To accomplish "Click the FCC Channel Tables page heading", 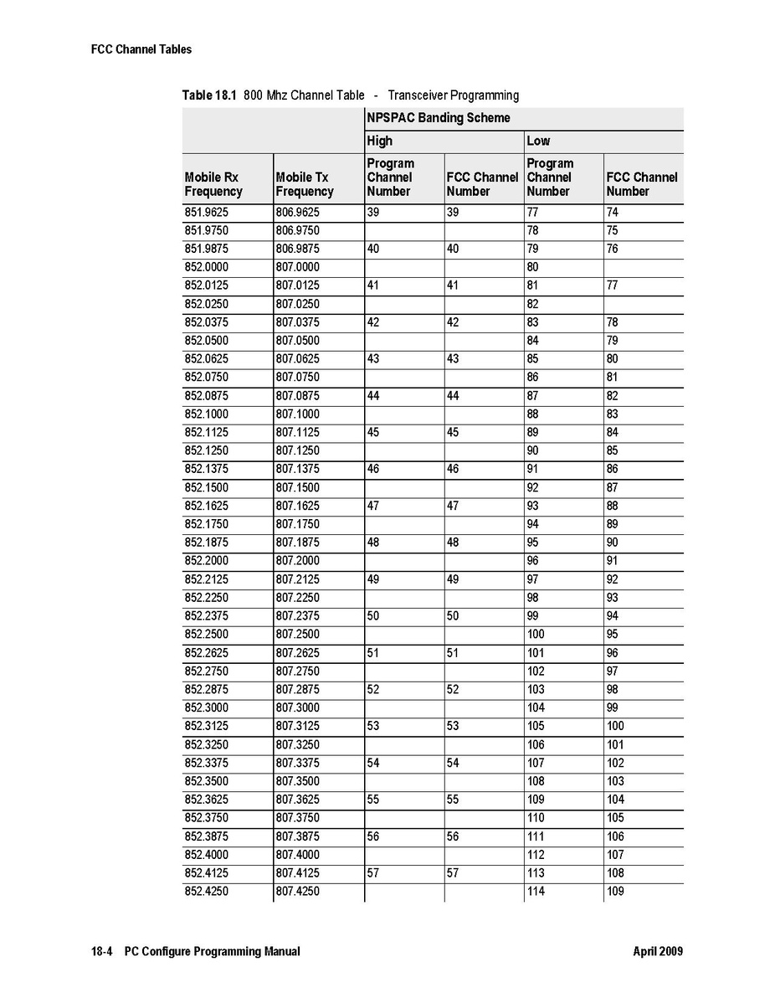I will tap(141, 49).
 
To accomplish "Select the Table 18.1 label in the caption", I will tap(209, 95).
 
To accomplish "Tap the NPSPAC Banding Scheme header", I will tap(438, 118).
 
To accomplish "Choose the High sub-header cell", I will tap(379, 141).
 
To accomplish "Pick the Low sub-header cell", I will tap(538, 141).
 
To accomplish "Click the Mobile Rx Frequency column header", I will tap(213, 184).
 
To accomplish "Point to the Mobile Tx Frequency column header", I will tap(304, 184).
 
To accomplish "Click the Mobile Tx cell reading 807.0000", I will tap(297, 267).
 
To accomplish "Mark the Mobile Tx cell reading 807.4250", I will tap(297, 892).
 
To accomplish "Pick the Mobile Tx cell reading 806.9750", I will tap(297, 231).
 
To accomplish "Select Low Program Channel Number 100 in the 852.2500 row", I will tap(536, 635).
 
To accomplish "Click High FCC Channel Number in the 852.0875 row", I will tap(453, 396).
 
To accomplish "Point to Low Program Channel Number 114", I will tap(536, 892).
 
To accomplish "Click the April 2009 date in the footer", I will tap(658, 952).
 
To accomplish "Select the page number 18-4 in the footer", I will tap(101, 952).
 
